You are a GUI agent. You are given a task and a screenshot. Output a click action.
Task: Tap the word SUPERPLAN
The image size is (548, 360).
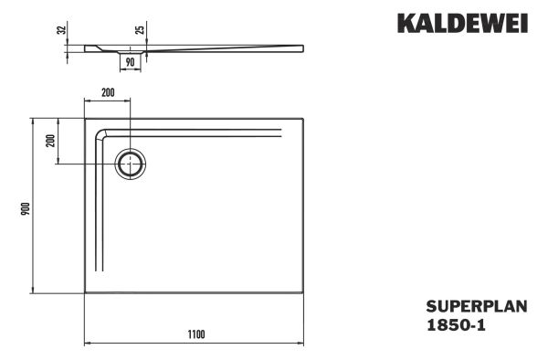[476, 307]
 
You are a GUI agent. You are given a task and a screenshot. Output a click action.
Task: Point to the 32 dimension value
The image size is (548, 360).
[61, 29]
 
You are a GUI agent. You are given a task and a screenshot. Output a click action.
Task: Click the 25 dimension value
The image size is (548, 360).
[140, 29]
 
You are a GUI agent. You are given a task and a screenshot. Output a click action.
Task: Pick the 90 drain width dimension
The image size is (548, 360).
[130, 62]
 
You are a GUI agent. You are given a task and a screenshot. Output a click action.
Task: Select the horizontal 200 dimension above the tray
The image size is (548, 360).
[108, 93]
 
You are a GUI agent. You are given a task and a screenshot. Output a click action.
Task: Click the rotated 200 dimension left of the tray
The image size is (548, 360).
[50, 141]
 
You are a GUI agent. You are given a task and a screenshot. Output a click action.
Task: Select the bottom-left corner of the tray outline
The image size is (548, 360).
[86, 294]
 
